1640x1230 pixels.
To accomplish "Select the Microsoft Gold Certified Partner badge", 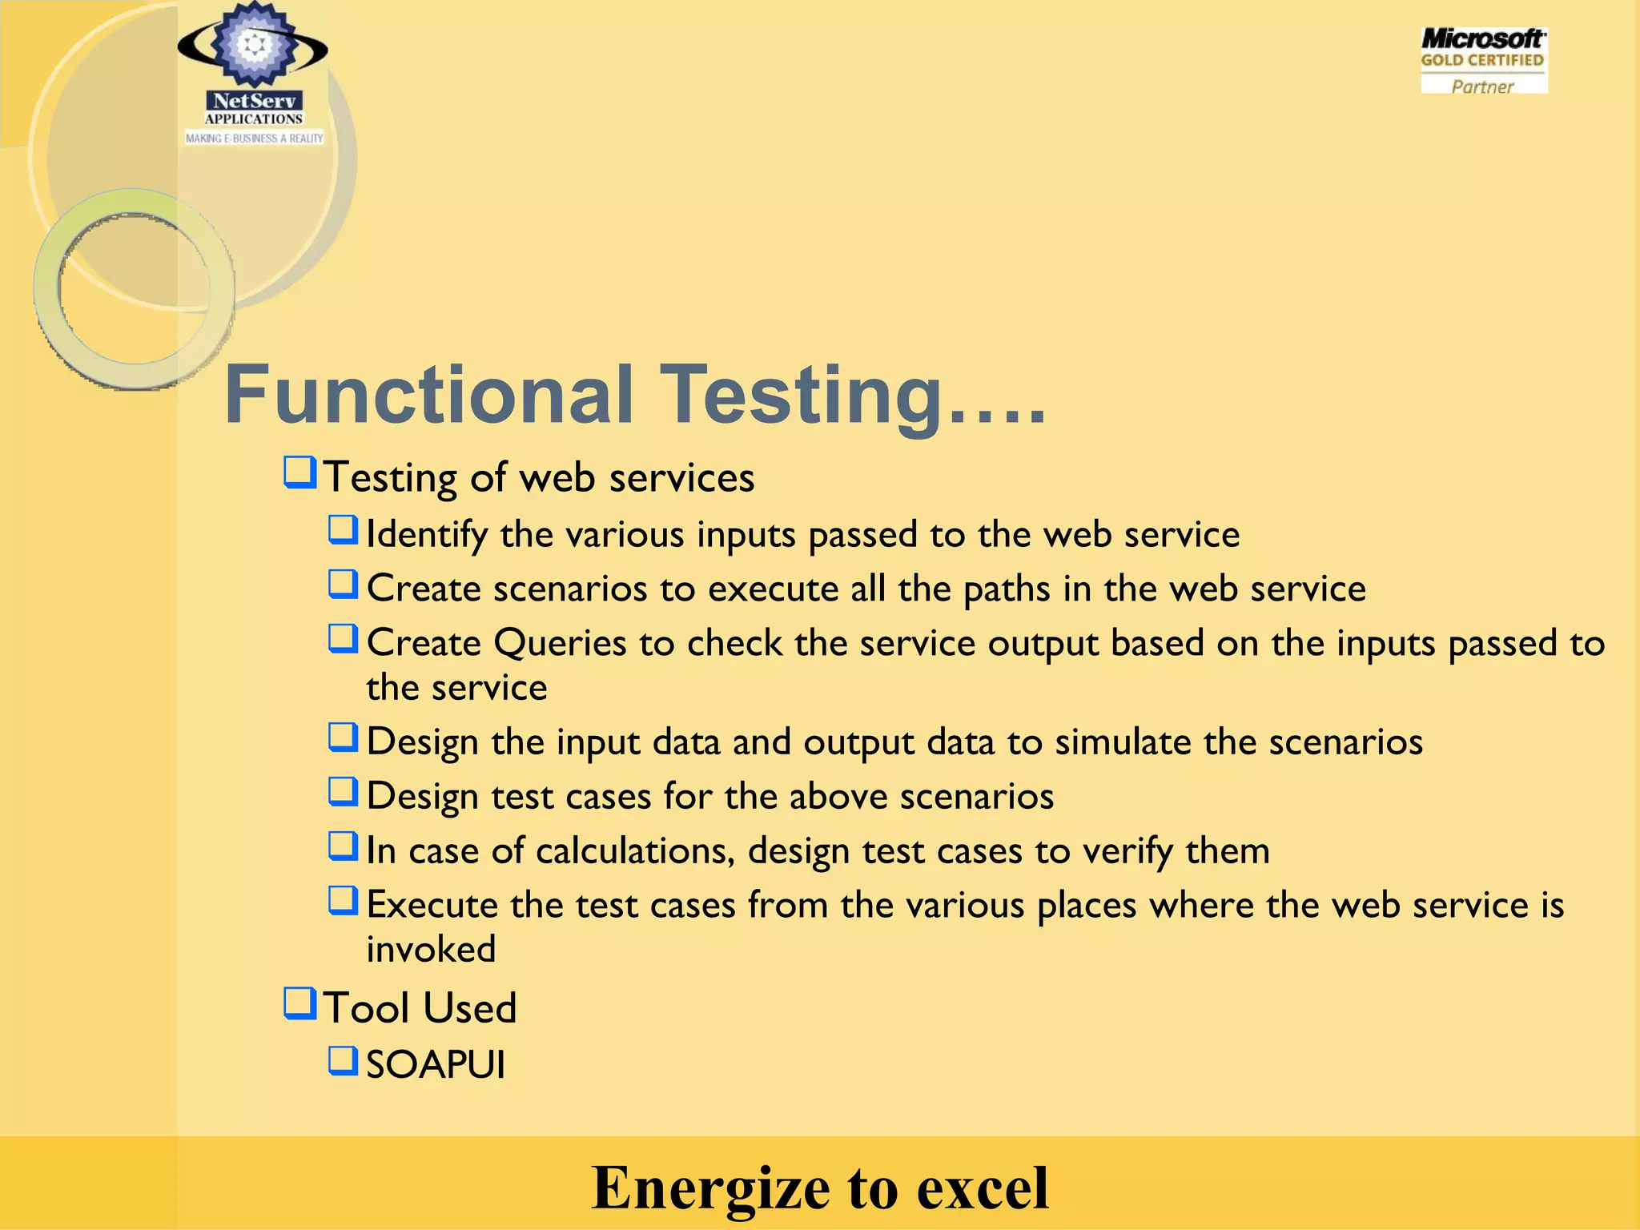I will [x=1483, y=61].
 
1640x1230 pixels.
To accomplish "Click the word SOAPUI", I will [x=436, y=1065].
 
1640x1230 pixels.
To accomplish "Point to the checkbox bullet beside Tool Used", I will [x=300, y=1003].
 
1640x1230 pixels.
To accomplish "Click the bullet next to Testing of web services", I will [x=300, y=472].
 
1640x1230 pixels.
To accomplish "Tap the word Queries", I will [x=560, y=643].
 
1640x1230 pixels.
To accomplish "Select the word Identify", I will [x=427, y=535].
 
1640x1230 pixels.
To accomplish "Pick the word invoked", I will [x=431, y=950].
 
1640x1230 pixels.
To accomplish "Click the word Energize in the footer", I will [x=709, y=1188].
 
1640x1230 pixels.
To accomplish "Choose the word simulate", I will [x=1123, y=742].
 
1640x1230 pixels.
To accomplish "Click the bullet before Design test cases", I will [x=343, y=793].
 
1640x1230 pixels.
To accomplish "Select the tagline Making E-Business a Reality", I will [x=254, y=139].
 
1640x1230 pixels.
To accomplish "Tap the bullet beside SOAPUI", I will [x=343, y=1061].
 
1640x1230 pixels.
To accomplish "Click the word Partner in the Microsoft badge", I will [x=1482, y=86].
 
